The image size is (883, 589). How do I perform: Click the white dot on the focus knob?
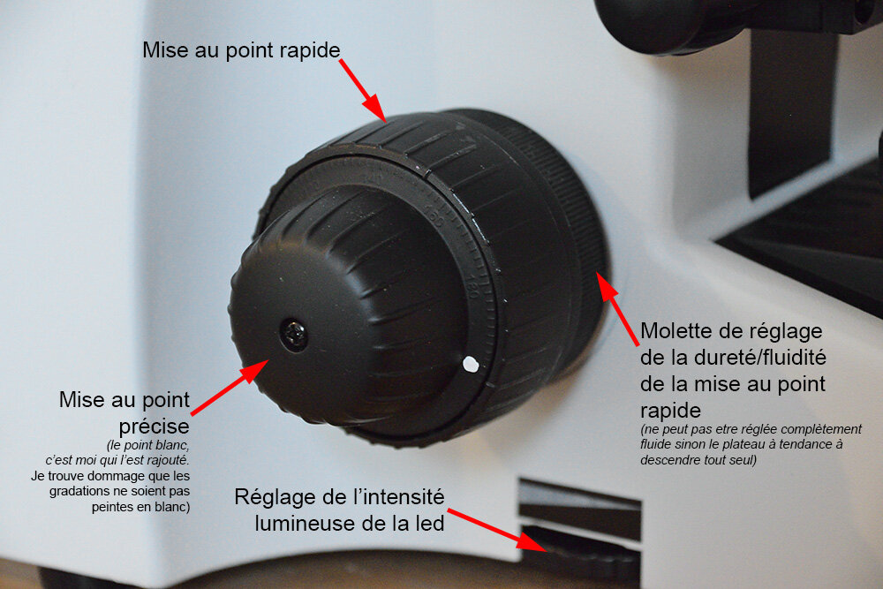point(471,365)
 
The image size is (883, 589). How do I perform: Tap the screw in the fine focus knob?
point(294,335)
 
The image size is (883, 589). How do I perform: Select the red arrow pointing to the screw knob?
point(229,388)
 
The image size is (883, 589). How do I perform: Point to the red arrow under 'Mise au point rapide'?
point(362,90)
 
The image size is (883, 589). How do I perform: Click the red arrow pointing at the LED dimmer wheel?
point(496,530)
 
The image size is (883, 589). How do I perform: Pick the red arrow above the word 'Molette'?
point(618,308)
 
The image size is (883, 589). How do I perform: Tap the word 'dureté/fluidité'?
point(759,358)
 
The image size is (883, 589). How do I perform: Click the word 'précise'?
point(154,427)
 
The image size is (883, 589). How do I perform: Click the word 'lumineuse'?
point(305,524)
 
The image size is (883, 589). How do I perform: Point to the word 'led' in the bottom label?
point(430,524)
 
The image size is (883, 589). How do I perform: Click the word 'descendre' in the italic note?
point(668,460)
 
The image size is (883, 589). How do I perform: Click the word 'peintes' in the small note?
point(112,508)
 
